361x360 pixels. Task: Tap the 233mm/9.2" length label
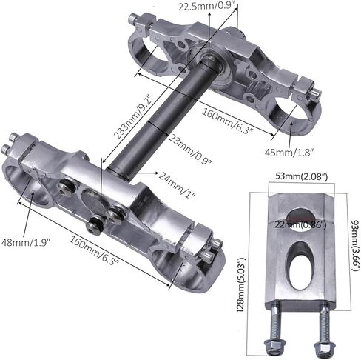(133, 115)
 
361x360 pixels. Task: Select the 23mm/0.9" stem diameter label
(190, 148)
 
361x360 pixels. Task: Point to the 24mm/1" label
(178, 184)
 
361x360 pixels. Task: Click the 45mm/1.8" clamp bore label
(289, 153)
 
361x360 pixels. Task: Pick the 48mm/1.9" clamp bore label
(26, 242)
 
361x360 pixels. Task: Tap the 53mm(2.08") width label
(301, 177)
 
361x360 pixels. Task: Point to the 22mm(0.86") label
(300, 224)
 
